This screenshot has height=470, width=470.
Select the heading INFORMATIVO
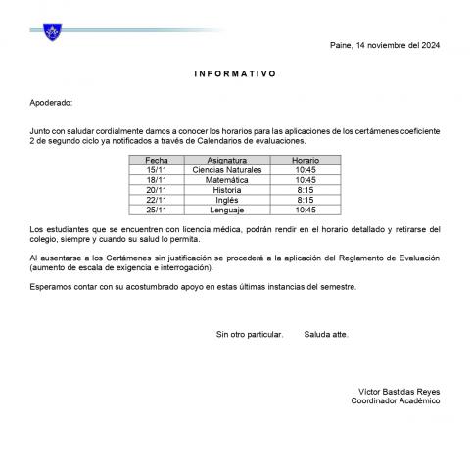(235, 73)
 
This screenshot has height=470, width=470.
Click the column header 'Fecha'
(157, 159)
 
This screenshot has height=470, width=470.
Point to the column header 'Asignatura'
(233, 159)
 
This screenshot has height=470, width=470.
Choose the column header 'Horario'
(305, 159)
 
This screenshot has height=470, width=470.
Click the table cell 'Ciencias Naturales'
(233, 169)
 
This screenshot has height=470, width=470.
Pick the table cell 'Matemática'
(233, 180)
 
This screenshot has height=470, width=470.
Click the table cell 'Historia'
(233, 190)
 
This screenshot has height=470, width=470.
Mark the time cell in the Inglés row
(305, 200)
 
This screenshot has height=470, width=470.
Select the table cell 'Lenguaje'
(233, 210)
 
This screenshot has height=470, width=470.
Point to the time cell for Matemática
(305, 180)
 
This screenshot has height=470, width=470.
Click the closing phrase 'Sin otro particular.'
(250, 334)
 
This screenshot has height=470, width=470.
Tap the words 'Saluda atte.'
(326, 334)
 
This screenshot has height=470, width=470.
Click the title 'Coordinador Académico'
(396, 400)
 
